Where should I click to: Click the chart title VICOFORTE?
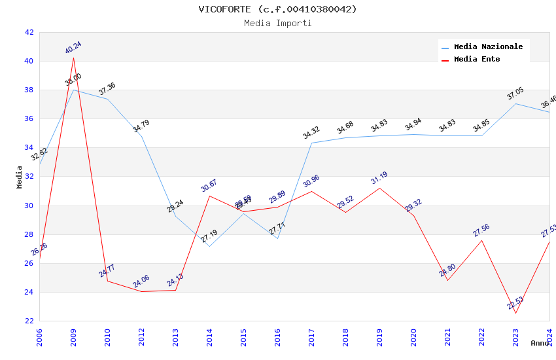click(x=278, y=9)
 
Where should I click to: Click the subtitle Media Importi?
click(x=278, y=23)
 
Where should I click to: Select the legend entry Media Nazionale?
click(x=488, y=46)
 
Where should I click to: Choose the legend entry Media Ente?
click(x=477, y=59)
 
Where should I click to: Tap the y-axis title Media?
click(x=20, y=177)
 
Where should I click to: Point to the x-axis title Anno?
click(x=540, y=343)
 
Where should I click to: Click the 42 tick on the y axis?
click(x=29, y=32)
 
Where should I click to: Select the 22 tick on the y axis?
click(x=29, y=321)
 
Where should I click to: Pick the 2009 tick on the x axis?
click(x=73, y=337)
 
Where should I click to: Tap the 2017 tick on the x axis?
click(x=311, y=337)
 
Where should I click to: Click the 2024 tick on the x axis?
click(x=549, y=337)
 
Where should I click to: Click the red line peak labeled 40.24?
click(x=73, y=58)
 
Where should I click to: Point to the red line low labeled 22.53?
click(x=515, y=313)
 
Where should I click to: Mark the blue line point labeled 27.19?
click(x=209, y=246)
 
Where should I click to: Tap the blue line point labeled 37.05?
click(x=515, y=103)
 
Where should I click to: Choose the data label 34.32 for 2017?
click(x=311, y=134)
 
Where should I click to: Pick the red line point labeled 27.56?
click(x=481, y=240)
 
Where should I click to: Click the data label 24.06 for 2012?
click(x=141, y=282)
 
